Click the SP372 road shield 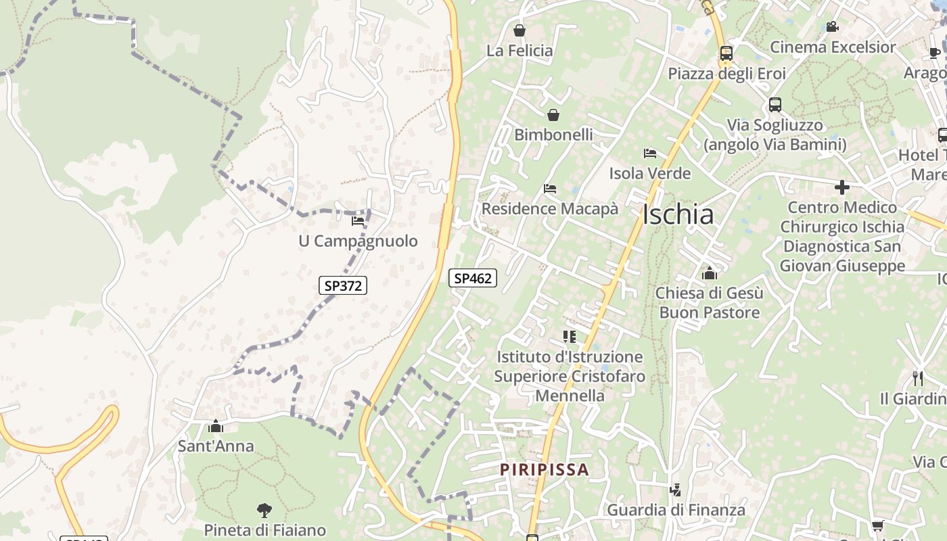coord(343,285)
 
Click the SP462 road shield coord(473,277)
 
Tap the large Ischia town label coord(678,214)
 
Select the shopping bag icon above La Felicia coord(519,30)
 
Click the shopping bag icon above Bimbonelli coord(553,115)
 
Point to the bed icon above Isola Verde coord(650,154)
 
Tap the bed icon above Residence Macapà coord(550,189)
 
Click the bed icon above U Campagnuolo coord(358,220)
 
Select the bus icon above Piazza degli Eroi coord(726,53)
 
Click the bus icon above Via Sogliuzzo coord(775,105)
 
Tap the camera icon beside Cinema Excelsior coord(832,27)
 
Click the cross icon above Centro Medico coord(842,187)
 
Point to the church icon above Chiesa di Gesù coord(710,273)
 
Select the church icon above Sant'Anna coord(216,426)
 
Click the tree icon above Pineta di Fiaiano coord(264,510)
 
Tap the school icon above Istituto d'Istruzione coord(570,336)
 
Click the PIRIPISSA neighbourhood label coord(545,469)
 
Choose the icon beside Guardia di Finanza coord(674,490)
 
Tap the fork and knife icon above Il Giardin coord(918,378)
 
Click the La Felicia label coord(519,51)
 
